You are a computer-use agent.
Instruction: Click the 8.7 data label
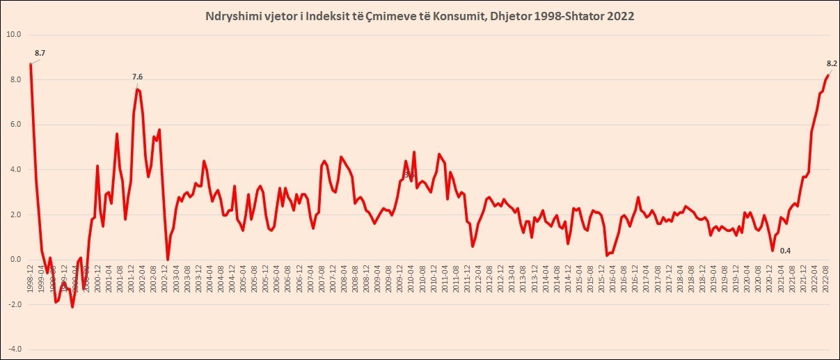tap(40, 53)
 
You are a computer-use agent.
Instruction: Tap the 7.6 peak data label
tap(137, 77)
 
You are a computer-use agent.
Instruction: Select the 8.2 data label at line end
tap(831, 63)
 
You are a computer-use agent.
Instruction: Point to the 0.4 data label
tap(785, 251)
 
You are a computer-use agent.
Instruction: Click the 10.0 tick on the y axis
tap(15, 35)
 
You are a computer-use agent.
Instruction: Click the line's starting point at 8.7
tap(31, 64)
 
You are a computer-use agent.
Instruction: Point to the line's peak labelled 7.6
tap(137, 89)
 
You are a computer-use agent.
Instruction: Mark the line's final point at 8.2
tap(828, 75)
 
